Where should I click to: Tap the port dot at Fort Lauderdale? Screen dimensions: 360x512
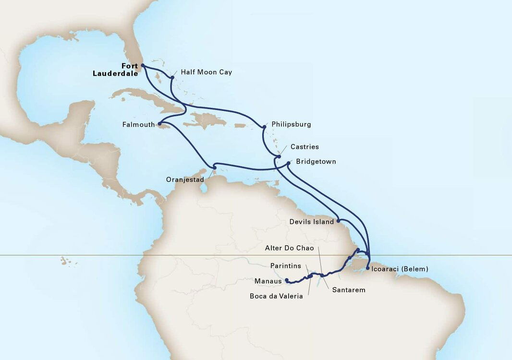pyautogui.click(x=143, y=65)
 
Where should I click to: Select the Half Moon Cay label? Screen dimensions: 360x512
pyautogui.click(x=206, y=72)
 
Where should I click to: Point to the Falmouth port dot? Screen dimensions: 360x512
pyautogui.click(x=159, y=124)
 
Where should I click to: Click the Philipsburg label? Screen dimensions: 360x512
pyautogui.click(x=291, y=124)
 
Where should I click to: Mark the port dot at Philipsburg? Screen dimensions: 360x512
pyautogui.click(x=264, y=127)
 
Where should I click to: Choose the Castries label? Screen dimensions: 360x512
pyautogui.click(x=305, y=147)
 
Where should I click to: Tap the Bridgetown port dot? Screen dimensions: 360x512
pyautogui.click(x=289, y=163)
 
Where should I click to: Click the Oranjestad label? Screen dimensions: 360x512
pyautogui.click(x=185, y=180)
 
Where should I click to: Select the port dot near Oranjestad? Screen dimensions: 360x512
pyautogui.click(x=214, y=167)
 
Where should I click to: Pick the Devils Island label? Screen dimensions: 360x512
pyautogui.click(x=312, y=222)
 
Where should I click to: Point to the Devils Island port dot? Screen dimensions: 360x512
pyautogui.click(x=339, y=221)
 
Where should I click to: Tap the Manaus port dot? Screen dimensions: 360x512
pyautogui.click(x=286, y=280)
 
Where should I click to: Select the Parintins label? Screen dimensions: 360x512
pyautogui.click(x=285, y=266)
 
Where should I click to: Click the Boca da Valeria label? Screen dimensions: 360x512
pyautogui.click(x=276, y=296)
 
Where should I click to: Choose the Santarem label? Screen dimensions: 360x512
pyautogui.click(x=349, y=290)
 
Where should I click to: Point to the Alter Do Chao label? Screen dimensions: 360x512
pyautogui.click(x=289, y=248)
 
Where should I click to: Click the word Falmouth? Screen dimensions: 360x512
pyautogui.click(x=139, y=125)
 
